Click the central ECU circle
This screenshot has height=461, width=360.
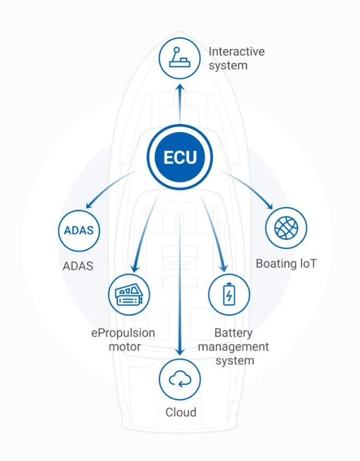pyautogui.click(x=179, y=157)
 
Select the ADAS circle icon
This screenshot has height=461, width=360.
pyautogui.click(x=79, y=230)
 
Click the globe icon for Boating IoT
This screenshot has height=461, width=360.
pyautogui.click(x=286, y=228)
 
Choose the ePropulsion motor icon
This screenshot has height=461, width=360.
pyautogui.click(x=129, y=294)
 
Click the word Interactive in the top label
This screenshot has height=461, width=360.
pyautogui.click(x=236, y=52)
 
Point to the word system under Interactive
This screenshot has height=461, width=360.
pyautogui.click(x=228, y=66)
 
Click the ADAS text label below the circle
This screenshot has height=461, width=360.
pyautogui.click(x=79, y=266)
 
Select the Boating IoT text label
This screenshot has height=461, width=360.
pyautogui.click(x=286, y=263)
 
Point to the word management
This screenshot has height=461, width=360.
pyautogui.click(x=242, y=347)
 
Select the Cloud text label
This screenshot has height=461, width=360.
pyautogui.click(x=181, y=412)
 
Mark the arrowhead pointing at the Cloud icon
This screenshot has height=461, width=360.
pyautogui.click(x=180, y=352)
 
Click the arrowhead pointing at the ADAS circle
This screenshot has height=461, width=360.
pyautogui.click(x=89, y=204)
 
